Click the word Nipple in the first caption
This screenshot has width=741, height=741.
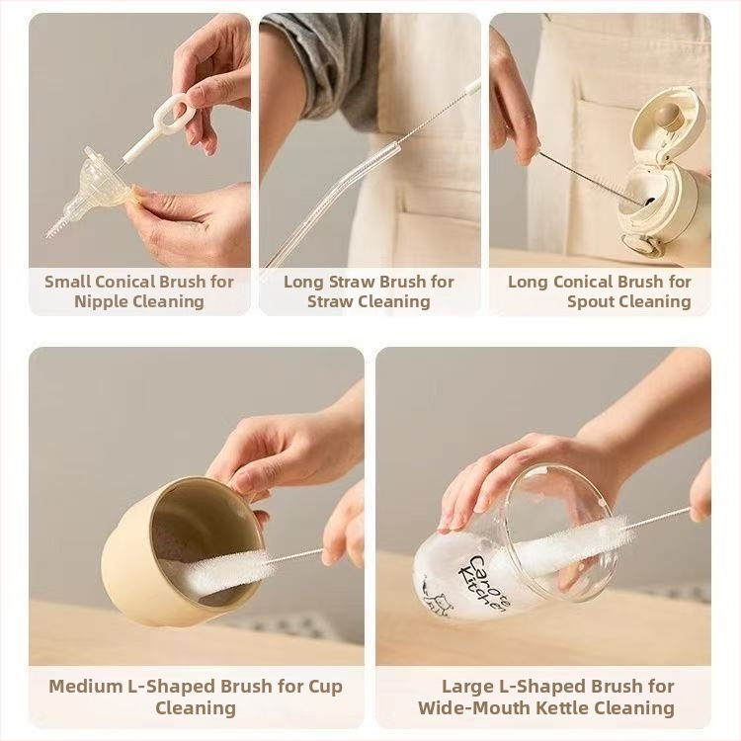pyautogui.click(x=99, y=301)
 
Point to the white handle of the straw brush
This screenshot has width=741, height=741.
pyautogui.click(x=471, y=87)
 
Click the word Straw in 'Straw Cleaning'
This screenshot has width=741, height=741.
pyautogui.click(x=329, y=301)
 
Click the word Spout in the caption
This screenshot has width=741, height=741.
pyautogui.click(x=590, y=301)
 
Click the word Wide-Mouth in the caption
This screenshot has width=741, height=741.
pyautogui.click(x=472, y=708)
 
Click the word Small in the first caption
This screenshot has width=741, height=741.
pyautogui.click(x=67, y=282)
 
